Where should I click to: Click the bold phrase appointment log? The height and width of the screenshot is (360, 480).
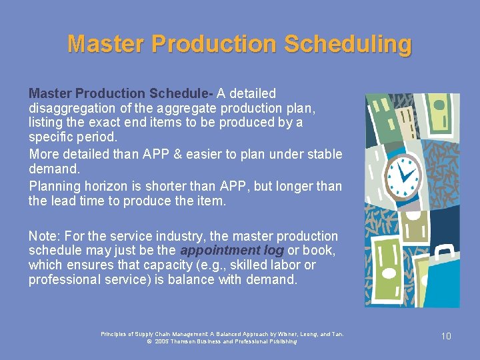click(x=232, y=251)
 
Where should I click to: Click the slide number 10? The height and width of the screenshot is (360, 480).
click(x=446, y=336)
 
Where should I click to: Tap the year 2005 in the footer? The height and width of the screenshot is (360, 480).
click(x=161, y=341)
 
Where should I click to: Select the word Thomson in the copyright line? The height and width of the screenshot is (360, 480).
click(x=189, y=341)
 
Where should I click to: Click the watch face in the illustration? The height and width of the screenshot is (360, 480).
click(x=404, y=174)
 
